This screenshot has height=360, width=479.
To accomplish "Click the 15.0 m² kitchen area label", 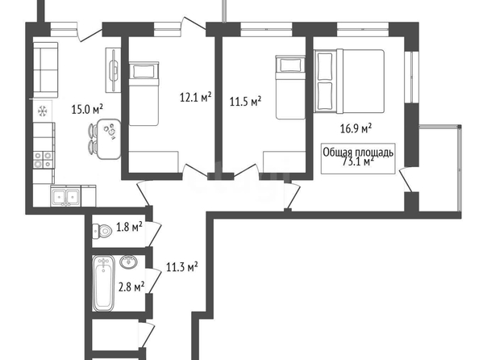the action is click(87, 109).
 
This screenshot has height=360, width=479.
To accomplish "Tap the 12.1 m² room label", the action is click(195, 97).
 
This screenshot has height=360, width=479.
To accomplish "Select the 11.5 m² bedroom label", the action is click(245, 101).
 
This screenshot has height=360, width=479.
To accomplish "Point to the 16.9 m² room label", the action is click(356, 128).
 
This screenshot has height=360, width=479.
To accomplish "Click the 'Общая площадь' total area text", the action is click(358, 153).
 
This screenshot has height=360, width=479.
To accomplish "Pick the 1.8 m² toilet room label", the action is click(129, 227).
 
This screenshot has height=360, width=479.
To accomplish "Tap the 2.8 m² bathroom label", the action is click(131, 287).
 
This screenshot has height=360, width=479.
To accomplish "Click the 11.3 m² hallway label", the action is click(181, 267).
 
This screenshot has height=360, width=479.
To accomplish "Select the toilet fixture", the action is click(102, 231).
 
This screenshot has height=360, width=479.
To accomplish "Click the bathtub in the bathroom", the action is click(103, 283).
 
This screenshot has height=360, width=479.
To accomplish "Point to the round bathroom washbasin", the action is click(128, 262).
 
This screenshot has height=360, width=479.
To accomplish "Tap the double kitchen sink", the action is click(66, 197).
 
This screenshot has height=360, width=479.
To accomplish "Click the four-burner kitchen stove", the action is click(44, 160).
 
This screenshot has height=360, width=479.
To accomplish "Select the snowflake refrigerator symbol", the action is click(43, 111).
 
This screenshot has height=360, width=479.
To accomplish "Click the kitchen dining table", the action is click(108, 139).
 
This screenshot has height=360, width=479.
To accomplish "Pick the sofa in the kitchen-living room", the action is click(45, 70).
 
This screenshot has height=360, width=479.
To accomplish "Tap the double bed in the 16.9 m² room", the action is click(349, 81).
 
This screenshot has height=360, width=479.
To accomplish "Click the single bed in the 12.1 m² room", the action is click(144, 94).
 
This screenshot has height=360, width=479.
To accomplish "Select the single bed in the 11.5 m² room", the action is click(290, 87).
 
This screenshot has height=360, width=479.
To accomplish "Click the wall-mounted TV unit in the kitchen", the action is click(114, 70).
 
